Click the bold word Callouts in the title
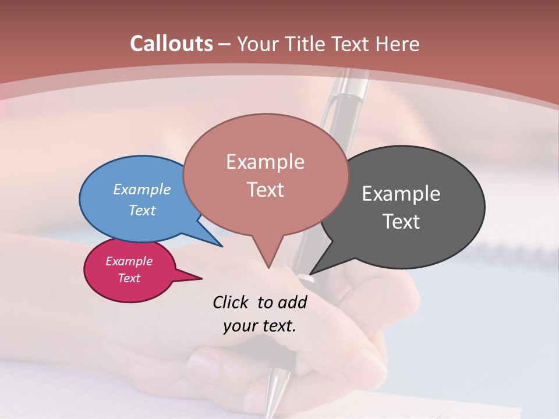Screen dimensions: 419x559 click(x=171, y=44)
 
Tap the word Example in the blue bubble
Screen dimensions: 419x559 click(x=142, y=189)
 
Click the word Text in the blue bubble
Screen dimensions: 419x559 click(x=142, y=210)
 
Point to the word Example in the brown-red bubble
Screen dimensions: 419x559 click(x=265, y=162)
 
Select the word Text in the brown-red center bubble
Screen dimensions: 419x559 click(x=265, y=190)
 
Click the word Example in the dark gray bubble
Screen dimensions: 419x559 click(x=401, y=194)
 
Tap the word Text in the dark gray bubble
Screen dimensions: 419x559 click(x=401, y=222)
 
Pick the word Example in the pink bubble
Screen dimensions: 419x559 click(x=129, y=261)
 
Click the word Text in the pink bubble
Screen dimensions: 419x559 click(x=129, y=278)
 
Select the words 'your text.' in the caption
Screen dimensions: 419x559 click(x=259, y=326)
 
